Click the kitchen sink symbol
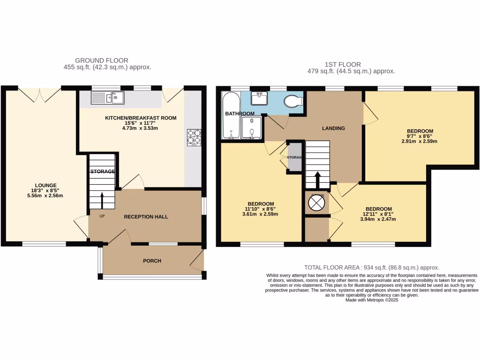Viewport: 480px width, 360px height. point(107,97)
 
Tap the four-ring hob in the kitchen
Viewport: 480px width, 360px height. point(194,136)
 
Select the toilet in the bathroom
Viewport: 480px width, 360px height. point(294,100)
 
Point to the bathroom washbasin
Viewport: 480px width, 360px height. point(259,98)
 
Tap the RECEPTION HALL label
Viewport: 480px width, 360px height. point(146,217)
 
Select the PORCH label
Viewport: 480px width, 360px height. point(152,261)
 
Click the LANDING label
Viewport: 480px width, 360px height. point(333,128)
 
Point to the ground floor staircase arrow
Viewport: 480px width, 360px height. point(103,200)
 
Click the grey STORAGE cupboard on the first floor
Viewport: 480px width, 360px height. point(294,157)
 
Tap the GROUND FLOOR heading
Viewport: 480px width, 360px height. point(101,60)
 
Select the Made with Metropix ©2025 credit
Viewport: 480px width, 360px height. point(372,300)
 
